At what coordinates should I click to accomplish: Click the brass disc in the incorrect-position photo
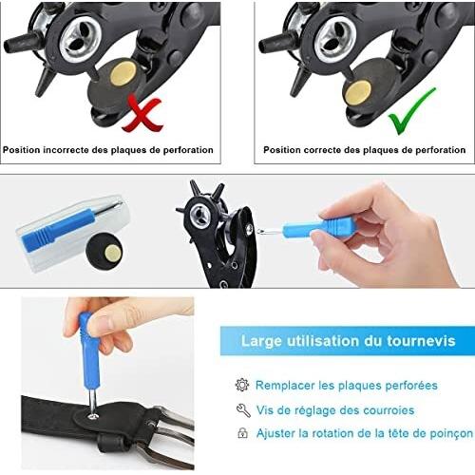click(x=123, y=74)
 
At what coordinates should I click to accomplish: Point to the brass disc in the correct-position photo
click(x=357, y=92)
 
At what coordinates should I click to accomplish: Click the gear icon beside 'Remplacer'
click(x=242, y=385)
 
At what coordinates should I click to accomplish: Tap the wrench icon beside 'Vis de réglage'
click(x=243, y=410)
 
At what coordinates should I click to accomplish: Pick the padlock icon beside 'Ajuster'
click(x=242, y=433)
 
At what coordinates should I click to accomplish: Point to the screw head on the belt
click(x=93, y=416)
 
